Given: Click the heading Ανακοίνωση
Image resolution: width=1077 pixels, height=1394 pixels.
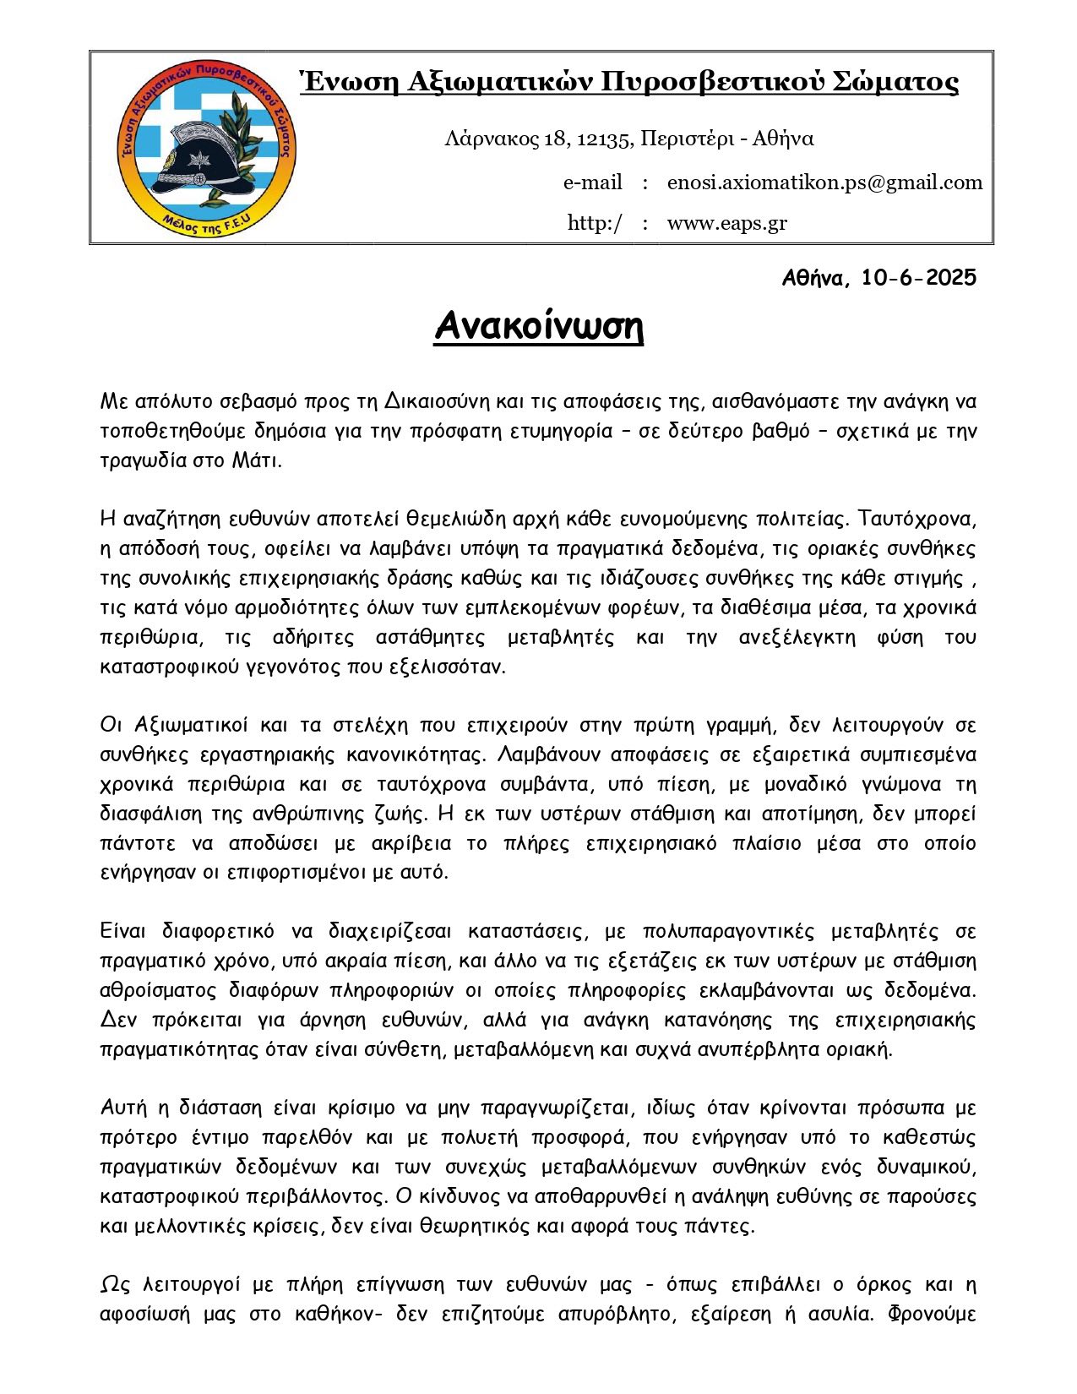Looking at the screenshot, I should pos(539,326).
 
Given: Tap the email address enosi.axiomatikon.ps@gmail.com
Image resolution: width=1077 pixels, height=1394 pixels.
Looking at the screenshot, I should pos(824,182).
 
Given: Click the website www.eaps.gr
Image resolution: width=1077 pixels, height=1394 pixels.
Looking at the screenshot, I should pos(726,223).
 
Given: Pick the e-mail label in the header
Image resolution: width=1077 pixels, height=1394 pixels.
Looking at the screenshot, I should pos(592,182).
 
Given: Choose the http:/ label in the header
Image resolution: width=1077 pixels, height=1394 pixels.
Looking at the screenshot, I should pos(595,223).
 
